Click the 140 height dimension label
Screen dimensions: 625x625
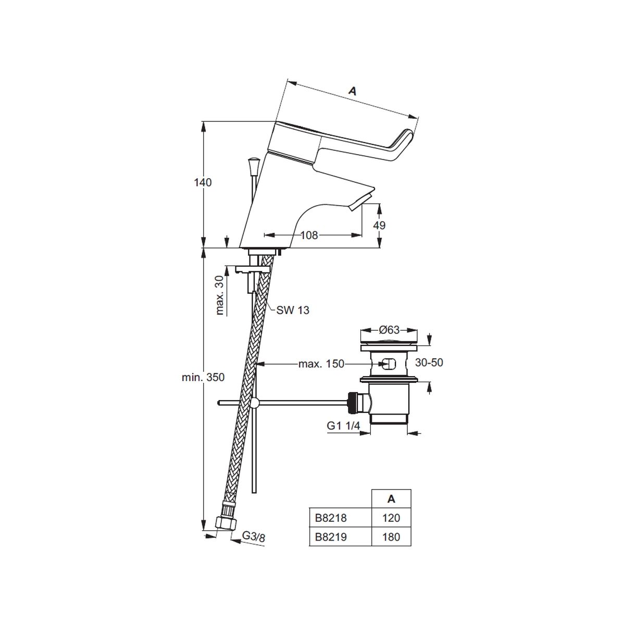click(x=203, y=183)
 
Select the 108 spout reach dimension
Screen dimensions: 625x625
click(x=309, y=235)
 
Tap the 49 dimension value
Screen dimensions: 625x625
click(x=380, y=225)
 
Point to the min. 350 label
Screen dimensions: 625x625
click(x=203, y=377)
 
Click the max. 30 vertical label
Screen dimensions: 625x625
click(x=220, y=295)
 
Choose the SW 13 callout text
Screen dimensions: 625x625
click(x=293, y=310)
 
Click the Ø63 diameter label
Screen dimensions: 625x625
click(x=389, y=330)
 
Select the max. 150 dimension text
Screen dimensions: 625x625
click(x=321, y=364)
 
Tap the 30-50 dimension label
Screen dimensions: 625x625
click(x=429, y=362)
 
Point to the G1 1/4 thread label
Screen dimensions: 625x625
click(x=343, y=426)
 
